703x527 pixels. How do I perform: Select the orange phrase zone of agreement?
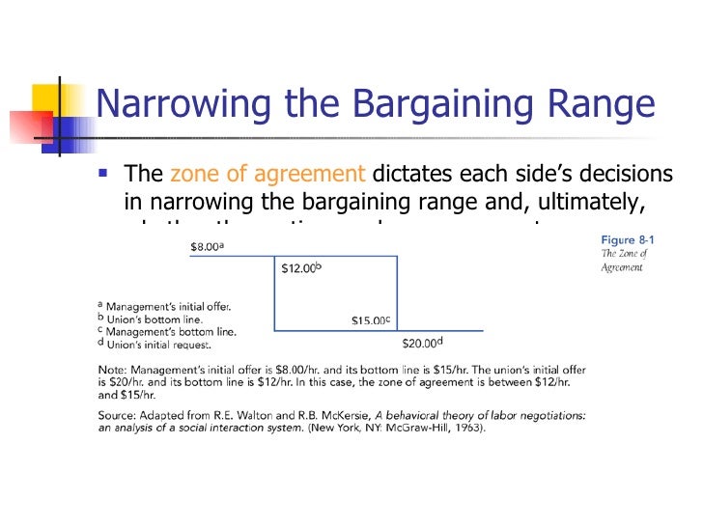267,175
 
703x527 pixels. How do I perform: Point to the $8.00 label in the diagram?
207,247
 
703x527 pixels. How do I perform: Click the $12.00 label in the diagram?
300,269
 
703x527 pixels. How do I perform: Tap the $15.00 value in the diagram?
370,319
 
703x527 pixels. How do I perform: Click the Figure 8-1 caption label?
625,239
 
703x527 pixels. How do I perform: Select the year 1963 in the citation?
467,429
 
